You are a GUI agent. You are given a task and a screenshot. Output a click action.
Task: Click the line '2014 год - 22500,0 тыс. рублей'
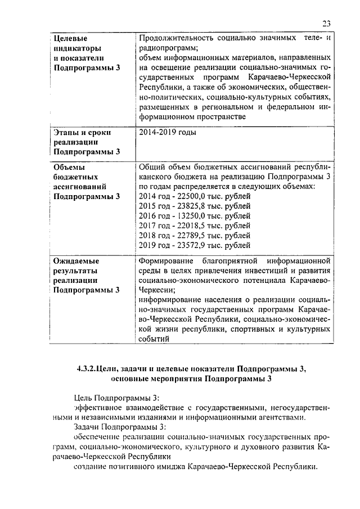click(194, 196)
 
